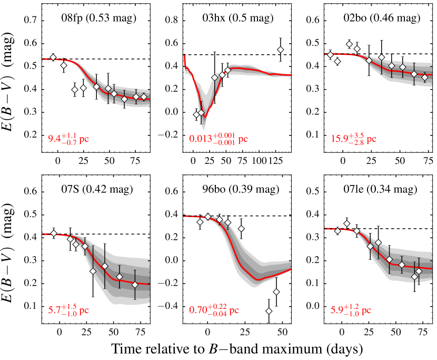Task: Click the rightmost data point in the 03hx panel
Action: point(281,50)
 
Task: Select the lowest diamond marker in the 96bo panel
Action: point(269,312)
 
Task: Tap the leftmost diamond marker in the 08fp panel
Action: point(53,57)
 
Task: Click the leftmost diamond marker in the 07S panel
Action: point(53,233)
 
